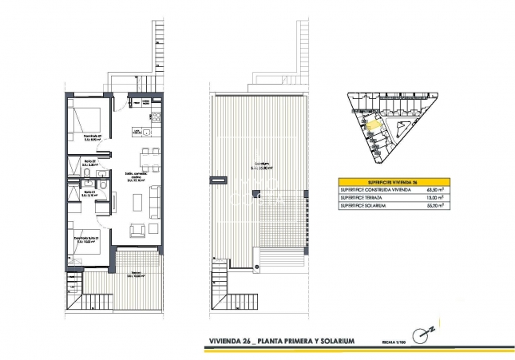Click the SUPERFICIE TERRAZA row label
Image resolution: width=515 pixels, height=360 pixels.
click(x=360, y=198)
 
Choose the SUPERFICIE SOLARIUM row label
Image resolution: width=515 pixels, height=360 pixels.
click(x=362, y=206)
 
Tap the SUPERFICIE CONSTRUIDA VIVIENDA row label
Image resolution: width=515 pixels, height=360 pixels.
click(x=373, y=190)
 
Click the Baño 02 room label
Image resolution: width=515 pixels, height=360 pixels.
click(x=89, y=165)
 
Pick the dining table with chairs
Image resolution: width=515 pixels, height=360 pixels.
click(x=144, y=155)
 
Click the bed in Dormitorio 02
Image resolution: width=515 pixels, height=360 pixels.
click(x=84, y=119)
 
